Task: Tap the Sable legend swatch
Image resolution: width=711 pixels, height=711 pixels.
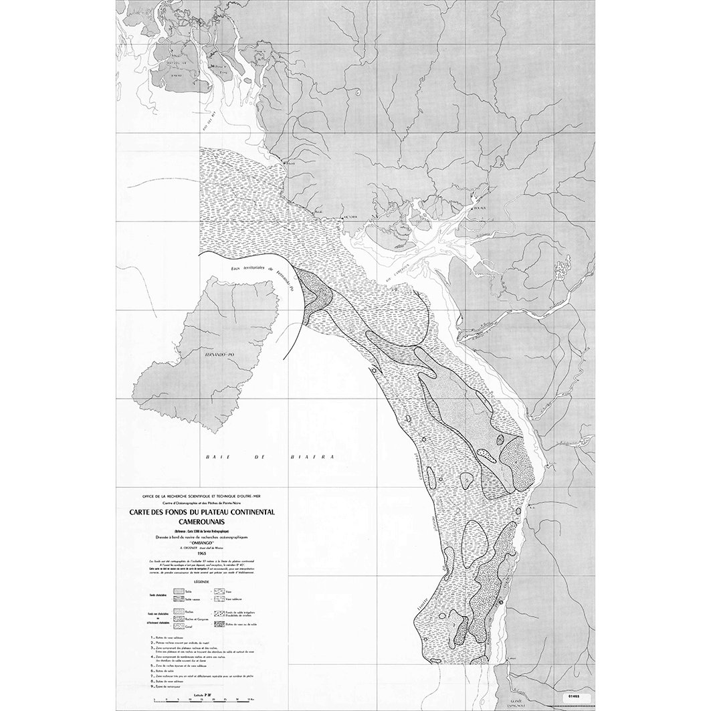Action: pyautogui.click(x=179, y=591)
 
